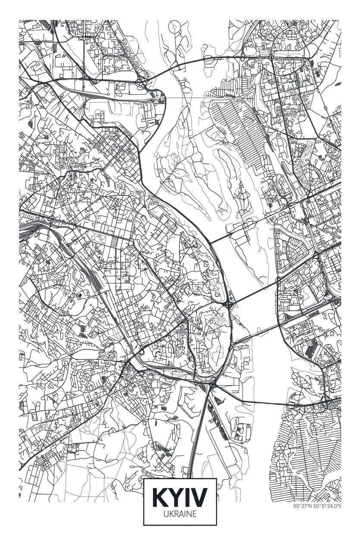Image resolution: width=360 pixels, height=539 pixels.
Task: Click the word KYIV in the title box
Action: (180, 497)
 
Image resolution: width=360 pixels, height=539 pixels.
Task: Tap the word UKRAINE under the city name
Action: (180, 514)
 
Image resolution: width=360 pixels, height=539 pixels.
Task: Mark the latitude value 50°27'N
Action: (303, 506)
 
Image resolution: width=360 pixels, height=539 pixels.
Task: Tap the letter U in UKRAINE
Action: (166, 514)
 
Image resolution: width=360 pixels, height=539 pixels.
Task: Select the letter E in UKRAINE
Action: (194, 514)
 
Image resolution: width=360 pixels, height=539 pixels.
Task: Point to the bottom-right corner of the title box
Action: (216, 525)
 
